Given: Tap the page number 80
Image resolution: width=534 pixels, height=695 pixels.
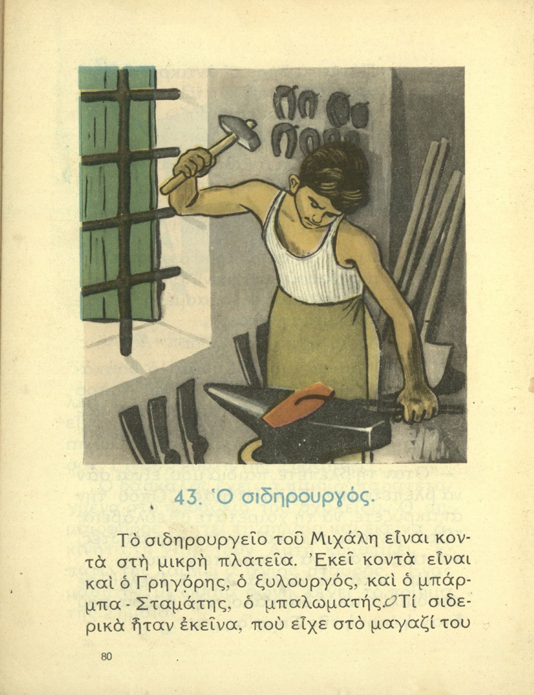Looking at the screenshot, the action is point(106,657).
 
